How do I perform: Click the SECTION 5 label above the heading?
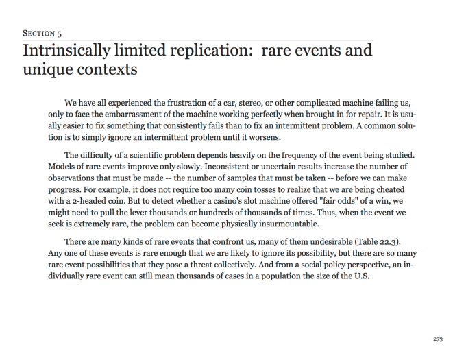coord(42,32)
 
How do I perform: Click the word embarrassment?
coord(132,115)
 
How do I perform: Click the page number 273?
coord(439,339)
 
